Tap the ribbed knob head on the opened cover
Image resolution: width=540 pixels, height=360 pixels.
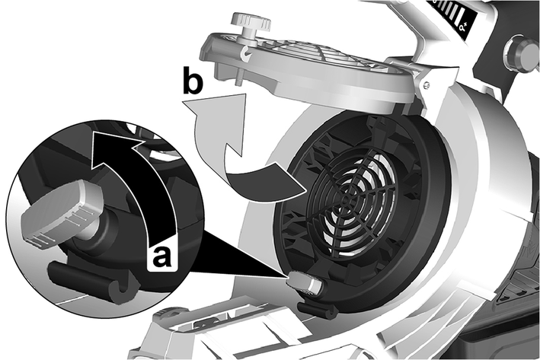(x=251, y=21)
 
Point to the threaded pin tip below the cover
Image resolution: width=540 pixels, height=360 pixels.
(x=238, y=81)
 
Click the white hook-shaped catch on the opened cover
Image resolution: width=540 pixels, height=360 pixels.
(x=247, y=54)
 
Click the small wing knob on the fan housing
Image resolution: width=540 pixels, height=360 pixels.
(x=304, y=281)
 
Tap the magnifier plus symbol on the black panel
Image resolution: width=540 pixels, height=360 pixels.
(x=465, y=27)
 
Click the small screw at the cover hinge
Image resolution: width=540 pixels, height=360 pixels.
(x=427, y=84)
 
